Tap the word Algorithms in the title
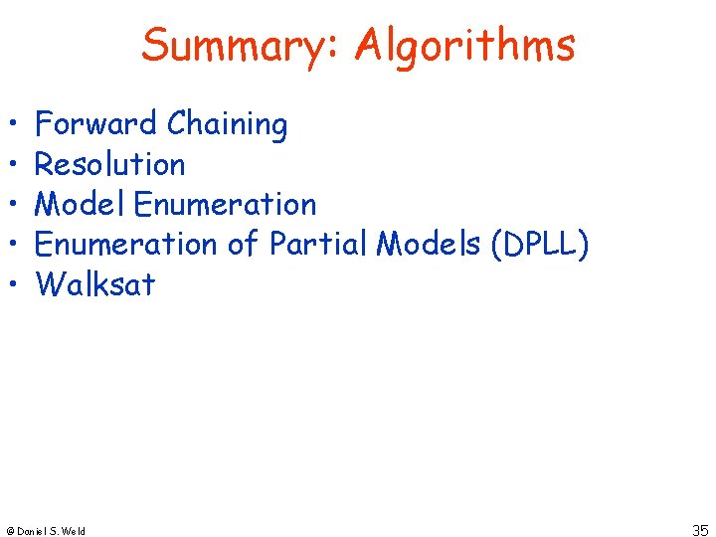pyautogui.click(x=464, y=46)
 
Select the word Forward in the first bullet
pyautogui.click(x=96, y=124)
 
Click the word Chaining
pyautogui.click(x=228, y=125)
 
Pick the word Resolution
pyautogui.click(x=109, y=164)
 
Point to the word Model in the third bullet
pyautogui.click(x=80, y=204)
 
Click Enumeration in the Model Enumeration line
pyautogui.click(x=225, y=204)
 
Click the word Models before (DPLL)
pyautogui.click(x=426, y=244)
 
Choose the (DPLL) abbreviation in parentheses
pyautogui.click(x=538, y=245)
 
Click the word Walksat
pyautogui.click(x=95, y=284)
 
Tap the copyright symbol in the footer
pyautogui.click(x=10, y=531)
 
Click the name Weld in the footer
pyautogui.click(x=74, y=531)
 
